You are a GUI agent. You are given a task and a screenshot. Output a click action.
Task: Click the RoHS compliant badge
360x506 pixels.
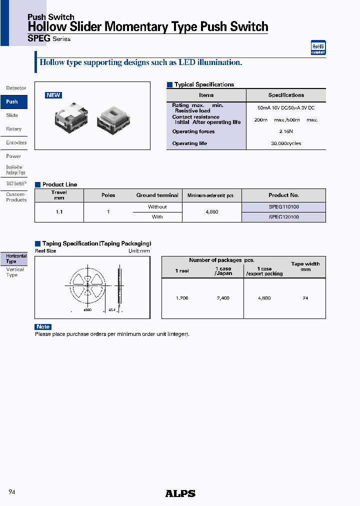coord(318,47)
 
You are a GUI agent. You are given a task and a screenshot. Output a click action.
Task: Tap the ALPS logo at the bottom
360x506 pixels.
coord(180,493)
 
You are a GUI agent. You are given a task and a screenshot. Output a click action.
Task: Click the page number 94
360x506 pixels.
coord(12,492)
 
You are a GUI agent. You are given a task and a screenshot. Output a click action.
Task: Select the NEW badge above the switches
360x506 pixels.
coord(53,95)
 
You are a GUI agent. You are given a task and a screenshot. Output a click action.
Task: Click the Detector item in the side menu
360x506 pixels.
coord(16,88)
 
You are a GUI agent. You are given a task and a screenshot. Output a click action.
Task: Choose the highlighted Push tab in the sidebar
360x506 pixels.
coord(12,101)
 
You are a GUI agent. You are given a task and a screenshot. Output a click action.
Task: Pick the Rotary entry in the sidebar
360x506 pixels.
coord(14,129)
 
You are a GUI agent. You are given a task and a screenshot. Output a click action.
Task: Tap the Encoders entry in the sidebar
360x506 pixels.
coord(16,142)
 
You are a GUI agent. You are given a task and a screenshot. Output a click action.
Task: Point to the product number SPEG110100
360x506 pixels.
coord(283,207)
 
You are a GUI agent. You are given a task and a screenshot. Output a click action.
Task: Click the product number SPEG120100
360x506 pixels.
coord(283,217)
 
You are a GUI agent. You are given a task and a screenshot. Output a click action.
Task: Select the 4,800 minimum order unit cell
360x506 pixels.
coord(212,212)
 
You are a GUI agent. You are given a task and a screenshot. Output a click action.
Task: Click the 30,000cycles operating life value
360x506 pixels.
coord(286,143)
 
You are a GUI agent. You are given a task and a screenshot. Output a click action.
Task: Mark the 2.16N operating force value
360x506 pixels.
coord(286,131)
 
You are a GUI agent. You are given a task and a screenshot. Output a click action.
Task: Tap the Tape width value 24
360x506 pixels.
coord(305,298)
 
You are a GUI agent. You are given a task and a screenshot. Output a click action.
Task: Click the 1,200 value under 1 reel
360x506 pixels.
coord(182,298)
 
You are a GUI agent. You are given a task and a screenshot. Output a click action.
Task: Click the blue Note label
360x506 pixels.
coord(43,327)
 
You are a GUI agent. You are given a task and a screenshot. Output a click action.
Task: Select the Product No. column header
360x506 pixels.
coord(283,195)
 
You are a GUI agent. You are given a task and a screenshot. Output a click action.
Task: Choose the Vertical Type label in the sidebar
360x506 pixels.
coord(15,272)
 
